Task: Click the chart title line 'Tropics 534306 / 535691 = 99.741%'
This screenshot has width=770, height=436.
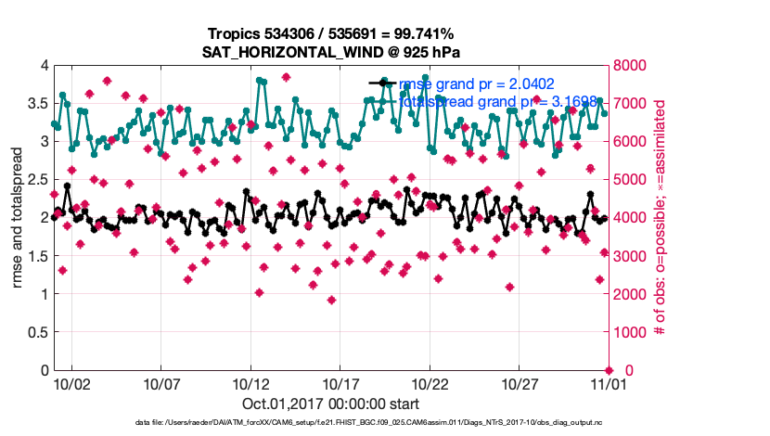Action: pos(330,35)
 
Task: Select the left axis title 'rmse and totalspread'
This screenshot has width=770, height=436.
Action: pos(19,218)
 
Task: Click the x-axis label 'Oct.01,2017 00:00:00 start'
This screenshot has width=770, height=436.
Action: pos(331,404)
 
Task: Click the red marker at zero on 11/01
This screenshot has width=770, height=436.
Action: pos(608,370)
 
